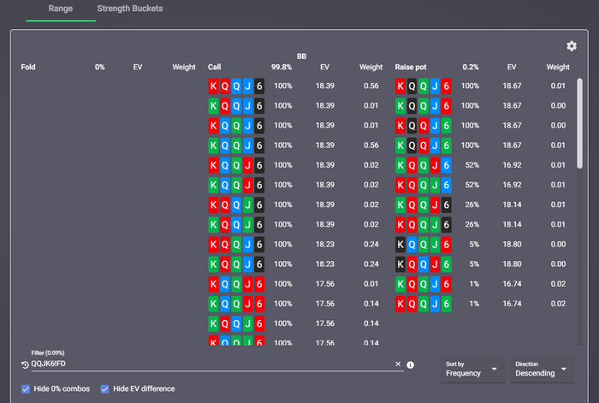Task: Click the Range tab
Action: [x=61, y=9]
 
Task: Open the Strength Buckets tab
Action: [x=130, y=9]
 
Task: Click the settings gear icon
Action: [x=572, y=46]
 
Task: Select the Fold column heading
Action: [x=29, y=67]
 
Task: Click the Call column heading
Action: [x=214, y=67]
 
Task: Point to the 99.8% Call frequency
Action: [x=282, y=67]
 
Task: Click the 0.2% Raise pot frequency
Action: [x=471, y=67]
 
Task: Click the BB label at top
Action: [x=301, y=56]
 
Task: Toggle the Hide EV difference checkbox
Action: [x=105, y=389]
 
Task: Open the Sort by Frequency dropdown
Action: [x=471, y=369]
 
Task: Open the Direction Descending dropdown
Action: [x=541, y=369]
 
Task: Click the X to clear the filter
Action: [x=398, y=364]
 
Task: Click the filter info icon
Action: [x=411, y=364]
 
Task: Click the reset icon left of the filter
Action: [x=25, y=364]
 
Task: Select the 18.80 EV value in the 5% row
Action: [x=512, y=244]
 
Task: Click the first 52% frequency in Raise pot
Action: [x=471, y=165]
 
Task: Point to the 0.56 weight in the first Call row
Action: [x=371, y=86]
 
